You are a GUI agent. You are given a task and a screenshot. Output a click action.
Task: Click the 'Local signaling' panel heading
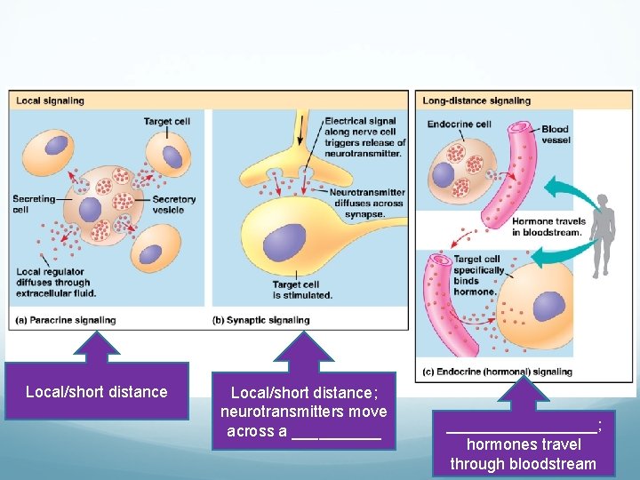click(50, 100)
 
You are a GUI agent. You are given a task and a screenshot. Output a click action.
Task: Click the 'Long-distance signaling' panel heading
click(476, 100)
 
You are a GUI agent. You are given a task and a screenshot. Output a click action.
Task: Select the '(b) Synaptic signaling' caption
click(261, 320)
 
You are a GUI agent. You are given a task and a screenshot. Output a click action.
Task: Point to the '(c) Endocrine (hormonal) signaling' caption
click(498, 372)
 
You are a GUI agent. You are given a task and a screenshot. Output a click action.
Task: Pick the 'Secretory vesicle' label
click(174, 204)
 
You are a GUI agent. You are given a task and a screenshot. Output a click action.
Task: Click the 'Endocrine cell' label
click(459, 124)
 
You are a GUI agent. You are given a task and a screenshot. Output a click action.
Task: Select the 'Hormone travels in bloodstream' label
click(548, 227)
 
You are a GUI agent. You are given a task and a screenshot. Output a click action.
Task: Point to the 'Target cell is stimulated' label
click(302, 290)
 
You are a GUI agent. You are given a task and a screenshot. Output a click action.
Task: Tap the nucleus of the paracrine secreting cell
click(91, 210)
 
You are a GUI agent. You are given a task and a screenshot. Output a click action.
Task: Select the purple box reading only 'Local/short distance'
click(96, 391)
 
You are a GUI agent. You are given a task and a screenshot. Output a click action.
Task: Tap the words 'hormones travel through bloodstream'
click(524, 453)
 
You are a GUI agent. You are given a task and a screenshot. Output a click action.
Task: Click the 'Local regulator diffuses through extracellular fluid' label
click(55, 283)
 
